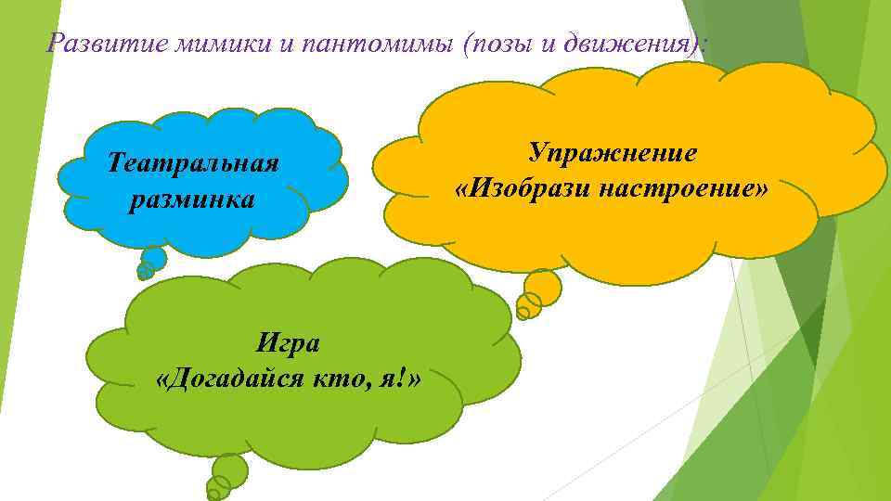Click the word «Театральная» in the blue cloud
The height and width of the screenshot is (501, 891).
point(192,164)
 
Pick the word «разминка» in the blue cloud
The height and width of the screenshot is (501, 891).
point(192,199)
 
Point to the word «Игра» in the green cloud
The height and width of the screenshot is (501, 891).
point(288,343)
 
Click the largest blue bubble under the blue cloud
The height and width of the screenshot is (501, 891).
point(154,258)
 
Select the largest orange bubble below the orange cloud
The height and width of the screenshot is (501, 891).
point(543,286)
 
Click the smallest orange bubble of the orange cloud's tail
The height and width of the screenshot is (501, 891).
point(523,313)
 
